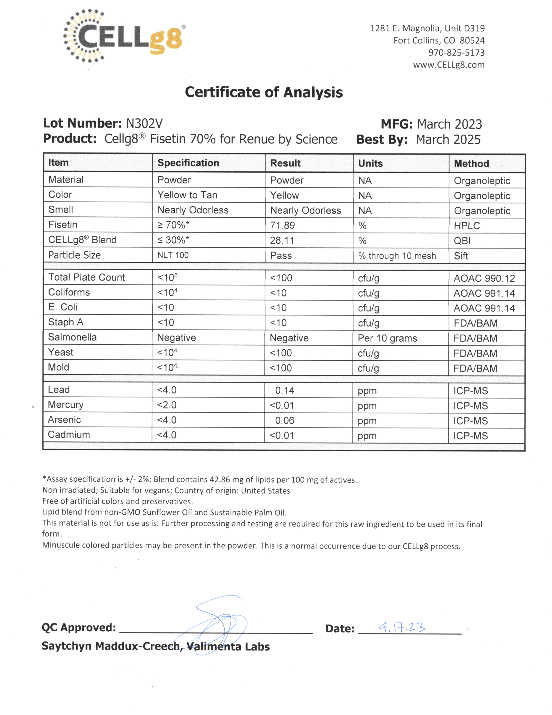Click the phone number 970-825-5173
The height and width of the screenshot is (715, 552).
(x=456, y=52)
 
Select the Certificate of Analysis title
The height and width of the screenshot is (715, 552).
(x=264, y=92)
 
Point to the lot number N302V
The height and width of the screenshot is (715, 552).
(x=144, y=123)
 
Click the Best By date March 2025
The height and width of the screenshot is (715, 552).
(x=448, y=139)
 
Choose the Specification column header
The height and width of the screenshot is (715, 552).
(x=188, y=163)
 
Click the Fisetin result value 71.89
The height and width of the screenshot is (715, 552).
(x=282, y=225)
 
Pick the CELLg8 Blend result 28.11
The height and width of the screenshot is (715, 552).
(x=282, y=240)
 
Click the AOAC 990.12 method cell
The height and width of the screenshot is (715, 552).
(x=484, y=278)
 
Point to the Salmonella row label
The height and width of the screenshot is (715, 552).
(x=72, y=337)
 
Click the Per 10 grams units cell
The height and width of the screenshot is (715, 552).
(x=387, y=338)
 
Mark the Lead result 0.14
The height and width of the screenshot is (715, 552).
(x=285, y=390)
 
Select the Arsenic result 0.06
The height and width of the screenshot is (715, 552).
(x=285, y=420)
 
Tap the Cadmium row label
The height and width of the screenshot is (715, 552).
(x=69, y=435)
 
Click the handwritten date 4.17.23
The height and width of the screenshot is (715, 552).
(x=401, y=627)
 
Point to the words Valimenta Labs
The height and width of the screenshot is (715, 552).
(x=228, y=646)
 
